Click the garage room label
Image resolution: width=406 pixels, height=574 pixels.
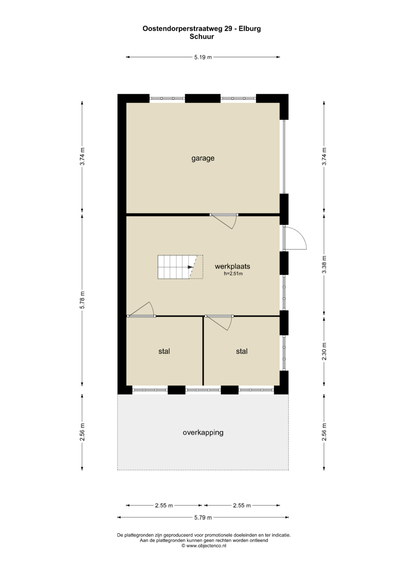[x=203, y=158]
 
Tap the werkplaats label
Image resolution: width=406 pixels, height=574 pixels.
[x=232, y=266]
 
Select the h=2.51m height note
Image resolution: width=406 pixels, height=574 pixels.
[x=233, y=273]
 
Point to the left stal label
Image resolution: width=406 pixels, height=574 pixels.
[x=164, y=351]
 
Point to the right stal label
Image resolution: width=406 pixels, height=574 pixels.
[x=242, y=351]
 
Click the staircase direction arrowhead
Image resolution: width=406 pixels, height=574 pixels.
[x=190, y=267]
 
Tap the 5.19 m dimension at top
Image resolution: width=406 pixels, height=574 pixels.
[x=203, y=57]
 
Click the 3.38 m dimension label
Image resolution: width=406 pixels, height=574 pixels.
[x=324, y=265]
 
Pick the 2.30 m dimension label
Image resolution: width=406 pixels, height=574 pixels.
[x=324, y=351]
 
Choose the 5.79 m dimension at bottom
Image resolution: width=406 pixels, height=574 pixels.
[x=203, y=517]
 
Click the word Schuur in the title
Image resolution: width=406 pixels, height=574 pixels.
[x=202, y=36]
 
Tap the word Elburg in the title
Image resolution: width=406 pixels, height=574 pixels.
[x=250, y=29]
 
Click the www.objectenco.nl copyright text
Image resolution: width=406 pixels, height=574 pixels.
[x=204, y=546]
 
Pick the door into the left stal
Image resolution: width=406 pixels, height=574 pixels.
[x=141, y=309]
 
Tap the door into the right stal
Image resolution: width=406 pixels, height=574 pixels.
[x=219, y=323]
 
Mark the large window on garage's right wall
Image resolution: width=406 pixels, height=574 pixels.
[x=284, y=157]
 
